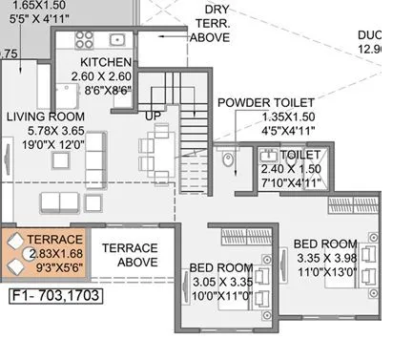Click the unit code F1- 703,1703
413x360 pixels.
point(54,296)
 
